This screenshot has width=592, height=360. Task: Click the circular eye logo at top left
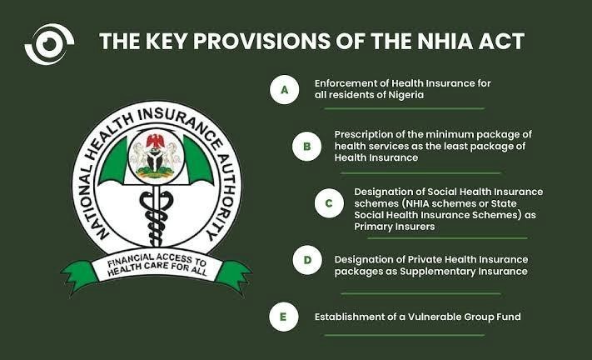tap(49, 44)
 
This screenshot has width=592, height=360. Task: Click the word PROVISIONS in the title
tap(261, 41)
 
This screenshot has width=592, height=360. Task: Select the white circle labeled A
tap(284, 89)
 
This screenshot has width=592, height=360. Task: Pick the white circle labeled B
tap(306, 147)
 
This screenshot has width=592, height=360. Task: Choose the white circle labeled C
tap(329, 203)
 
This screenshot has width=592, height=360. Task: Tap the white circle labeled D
tap(307, 260)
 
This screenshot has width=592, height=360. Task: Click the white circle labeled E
tap(284, 317)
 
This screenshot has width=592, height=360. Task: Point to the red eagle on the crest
tap(155, 142)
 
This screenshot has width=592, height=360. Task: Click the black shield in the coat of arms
tap(155, 162)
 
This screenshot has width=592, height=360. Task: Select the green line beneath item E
tap(405, 335)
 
